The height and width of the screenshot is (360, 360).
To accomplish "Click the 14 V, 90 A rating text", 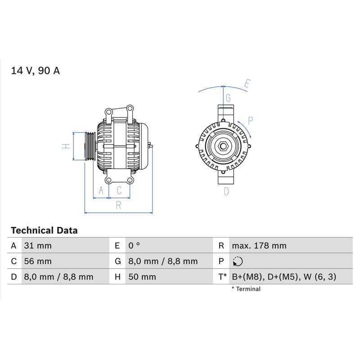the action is click(x=36, y=71).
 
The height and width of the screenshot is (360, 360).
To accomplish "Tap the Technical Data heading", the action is click(x=44, y=230).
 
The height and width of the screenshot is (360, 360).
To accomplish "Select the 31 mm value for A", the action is click(x=38, y=246).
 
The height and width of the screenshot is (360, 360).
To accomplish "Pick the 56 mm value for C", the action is click(x=38, y=261).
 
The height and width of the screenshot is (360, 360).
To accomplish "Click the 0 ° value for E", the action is click(x=134, y=246).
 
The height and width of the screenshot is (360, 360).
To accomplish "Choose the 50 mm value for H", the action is click(x=142, y=277).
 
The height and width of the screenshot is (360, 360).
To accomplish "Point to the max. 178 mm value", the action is click(x=259, y=246).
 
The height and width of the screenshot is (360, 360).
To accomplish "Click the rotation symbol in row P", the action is click(x=238, y=261).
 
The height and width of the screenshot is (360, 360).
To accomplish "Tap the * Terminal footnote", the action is click(x=246, y=289).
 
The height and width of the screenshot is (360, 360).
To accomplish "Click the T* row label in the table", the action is click(x=222, y=277).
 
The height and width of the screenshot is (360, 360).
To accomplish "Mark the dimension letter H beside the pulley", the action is click(x=66, y=146).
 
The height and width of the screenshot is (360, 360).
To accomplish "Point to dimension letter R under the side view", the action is click(x=118, y=205).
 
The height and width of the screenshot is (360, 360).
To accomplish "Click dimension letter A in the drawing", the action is click(x=101, y=190).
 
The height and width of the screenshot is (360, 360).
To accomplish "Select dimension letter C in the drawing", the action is click(x=119, y=190).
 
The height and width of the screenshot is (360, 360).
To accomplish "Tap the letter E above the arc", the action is click(x=247, y=84).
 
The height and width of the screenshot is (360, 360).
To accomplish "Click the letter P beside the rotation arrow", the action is click(x=250, y=121).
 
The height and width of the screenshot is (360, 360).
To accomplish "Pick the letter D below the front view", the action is click(x=226, y=191).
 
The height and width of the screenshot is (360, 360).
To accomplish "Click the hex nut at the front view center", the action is click(x=223, y=146).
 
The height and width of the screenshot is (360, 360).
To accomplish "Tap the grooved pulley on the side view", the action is click(x=90, y=146).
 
